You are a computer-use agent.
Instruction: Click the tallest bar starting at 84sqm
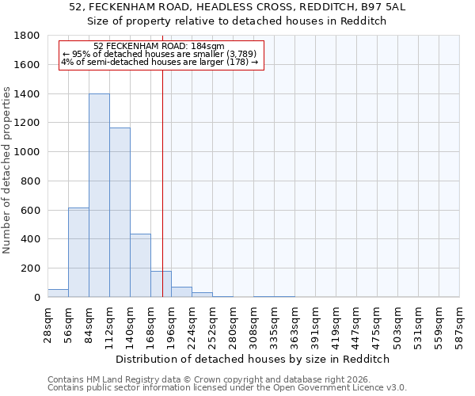coord(99,196)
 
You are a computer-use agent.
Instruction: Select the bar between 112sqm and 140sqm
coord(120,212)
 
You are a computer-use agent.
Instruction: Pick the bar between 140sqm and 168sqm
coord(140,265)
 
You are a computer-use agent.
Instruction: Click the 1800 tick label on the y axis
coord(28,36)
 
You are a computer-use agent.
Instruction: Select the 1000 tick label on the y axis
coord(28,152)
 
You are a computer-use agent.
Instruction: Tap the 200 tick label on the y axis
coord(31,268)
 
